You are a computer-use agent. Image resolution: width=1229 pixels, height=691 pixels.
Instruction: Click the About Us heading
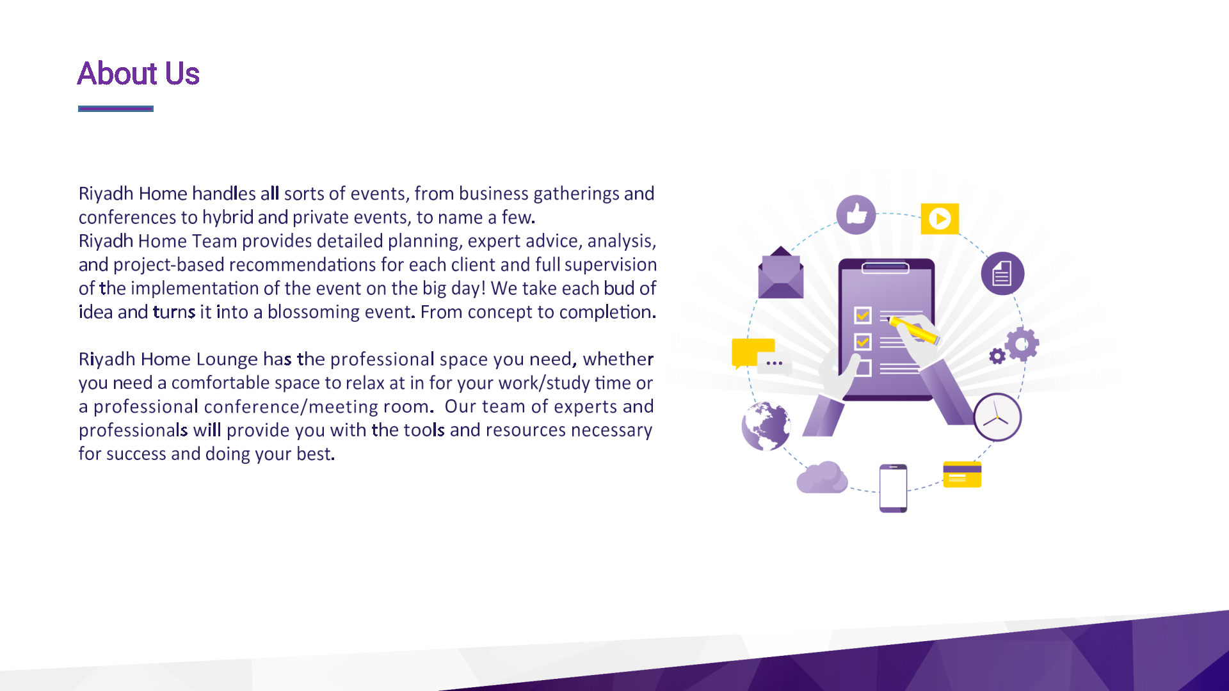pos(138,74)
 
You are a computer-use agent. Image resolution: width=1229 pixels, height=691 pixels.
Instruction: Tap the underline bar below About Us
pos(116,109)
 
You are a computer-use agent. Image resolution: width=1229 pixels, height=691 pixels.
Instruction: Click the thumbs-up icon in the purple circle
pos(856,214)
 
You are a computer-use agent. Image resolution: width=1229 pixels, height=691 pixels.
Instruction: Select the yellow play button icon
pos(940,219)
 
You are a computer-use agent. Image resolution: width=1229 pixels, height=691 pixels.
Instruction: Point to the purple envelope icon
pos(781,273)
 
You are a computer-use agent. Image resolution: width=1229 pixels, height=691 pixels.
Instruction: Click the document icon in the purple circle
pos(1002,273)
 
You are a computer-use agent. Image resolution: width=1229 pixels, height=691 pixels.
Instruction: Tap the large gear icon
pos(1022,344)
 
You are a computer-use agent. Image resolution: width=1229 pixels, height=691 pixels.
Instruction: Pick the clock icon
pos(997,417)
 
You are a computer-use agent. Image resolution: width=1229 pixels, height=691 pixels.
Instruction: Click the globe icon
pos(766,425)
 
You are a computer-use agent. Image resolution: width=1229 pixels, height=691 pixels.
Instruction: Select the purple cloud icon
pos(822,477)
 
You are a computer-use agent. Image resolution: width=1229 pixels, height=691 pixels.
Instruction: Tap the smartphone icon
pos(894,488)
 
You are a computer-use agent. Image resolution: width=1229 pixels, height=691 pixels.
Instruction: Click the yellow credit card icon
pos(962,474)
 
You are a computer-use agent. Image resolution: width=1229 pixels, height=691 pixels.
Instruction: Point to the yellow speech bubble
pos(753,353)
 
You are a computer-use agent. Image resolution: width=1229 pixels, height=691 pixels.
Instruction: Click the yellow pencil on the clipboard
pos(913,330)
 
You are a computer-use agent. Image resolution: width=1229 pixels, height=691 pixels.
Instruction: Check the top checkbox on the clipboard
pos(863,315)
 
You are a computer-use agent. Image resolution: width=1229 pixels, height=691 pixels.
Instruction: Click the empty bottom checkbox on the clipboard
pos(863,368)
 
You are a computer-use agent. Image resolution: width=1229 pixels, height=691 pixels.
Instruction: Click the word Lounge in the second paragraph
pos(227,360)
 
